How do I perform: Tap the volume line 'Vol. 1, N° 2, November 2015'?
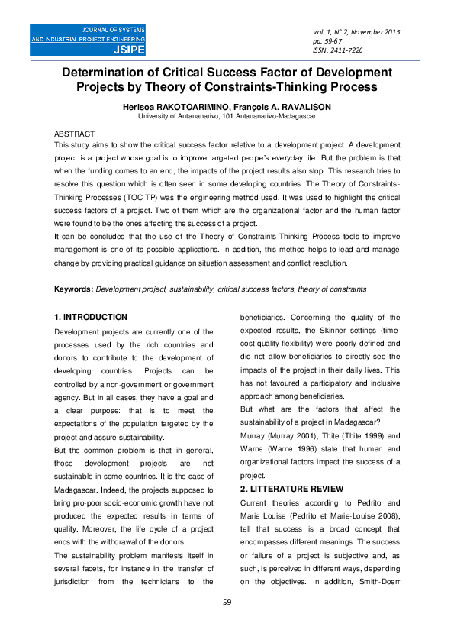coord(356,31)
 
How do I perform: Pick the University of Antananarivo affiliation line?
coord(227,117)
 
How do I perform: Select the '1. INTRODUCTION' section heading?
coord(90,317)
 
